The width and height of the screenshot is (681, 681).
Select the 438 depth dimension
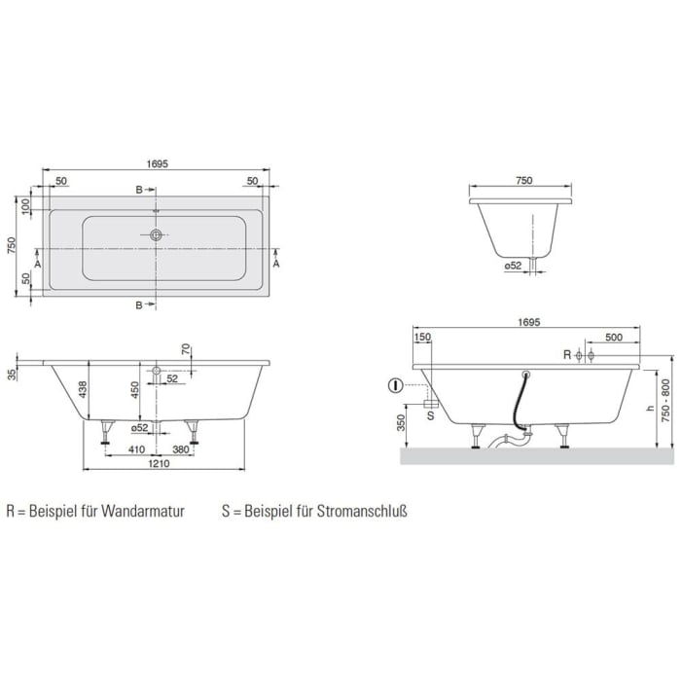click(85, 389)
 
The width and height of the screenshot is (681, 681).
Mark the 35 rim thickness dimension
click(11, 374)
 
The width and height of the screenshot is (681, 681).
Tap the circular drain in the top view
click(156, 234)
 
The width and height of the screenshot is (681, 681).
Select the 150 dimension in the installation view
click(422, 337)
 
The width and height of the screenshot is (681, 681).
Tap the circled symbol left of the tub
click(395, 385)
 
